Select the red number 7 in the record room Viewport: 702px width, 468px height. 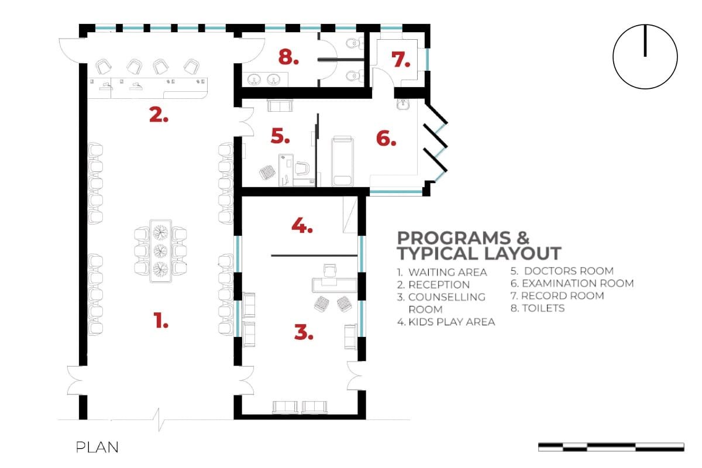tap(401, 60)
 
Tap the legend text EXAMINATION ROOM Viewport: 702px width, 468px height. tap(577, 283)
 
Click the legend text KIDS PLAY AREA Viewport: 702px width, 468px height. tap(452, 322)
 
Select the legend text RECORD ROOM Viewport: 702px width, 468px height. tap(563, 295)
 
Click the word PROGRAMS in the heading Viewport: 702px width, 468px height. tap(454, 238)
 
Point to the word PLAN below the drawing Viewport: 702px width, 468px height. tap(97, 448)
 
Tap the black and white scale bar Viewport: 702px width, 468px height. tap(611, 447)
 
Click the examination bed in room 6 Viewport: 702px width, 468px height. tap(342, 161)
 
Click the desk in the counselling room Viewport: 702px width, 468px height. tap(335, 285)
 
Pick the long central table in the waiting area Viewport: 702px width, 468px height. tap(160, 251)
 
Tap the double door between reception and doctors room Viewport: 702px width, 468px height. tap(246, 122)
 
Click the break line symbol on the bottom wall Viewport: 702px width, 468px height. tap(159, 419)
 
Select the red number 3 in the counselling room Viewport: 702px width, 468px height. tap(304, 332)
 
